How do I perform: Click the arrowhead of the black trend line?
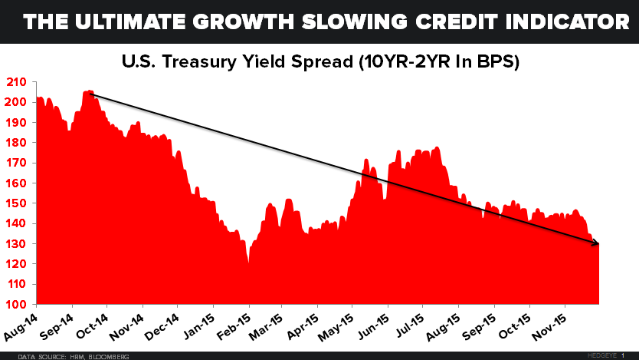[x=598, y=243]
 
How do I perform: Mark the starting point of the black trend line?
[x=90, y=93]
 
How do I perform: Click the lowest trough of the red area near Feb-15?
[x=248, y=263]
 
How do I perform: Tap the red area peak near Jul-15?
[x=436, y=147]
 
